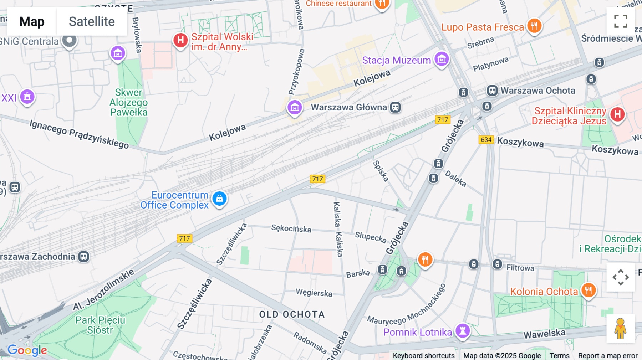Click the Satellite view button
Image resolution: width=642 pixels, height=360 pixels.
point(92,22)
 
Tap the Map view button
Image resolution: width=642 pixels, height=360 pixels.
point(32,22)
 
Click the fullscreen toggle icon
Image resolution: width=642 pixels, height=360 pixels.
point(621,21)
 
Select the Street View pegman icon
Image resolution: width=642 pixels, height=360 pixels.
point(620,329)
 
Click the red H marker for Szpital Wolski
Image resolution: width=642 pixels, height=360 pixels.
point(180,40)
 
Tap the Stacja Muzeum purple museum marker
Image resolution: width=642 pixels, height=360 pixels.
point(442,59)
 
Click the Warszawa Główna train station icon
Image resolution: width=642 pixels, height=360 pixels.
point(395,107)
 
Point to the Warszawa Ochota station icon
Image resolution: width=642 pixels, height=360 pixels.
point(492,91)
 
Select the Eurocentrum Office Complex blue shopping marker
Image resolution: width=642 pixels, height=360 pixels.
point(219,199)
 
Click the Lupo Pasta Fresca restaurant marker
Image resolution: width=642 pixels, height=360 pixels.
point(534,26)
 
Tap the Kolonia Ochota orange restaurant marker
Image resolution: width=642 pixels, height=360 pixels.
point(588,290)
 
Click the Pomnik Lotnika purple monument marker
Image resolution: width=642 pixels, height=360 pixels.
point(463,330)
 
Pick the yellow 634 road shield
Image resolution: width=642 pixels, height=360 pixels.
point(486,140)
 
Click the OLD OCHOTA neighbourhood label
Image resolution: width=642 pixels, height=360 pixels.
point(292,314)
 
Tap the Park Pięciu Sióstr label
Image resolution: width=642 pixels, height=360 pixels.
point(100,325)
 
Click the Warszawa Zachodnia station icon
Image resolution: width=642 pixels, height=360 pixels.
point(84,257)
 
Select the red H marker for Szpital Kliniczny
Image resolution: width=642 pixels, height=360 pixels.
point(617,114)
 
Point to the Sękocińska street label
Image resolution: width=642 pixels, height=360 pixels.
point(291,228)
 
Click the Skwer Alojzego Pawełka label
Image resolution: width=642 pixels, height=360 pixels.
point(128,102)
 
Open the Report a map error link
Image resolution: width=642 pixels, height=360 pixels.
point(607,356)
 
